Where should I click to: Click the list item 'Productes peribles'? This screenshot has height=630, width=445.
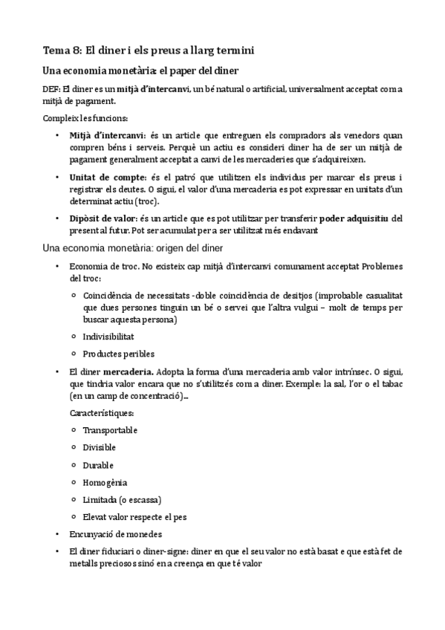coord(119,354)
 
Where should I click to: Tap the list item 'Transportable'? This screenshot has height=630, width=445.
coord(110,430)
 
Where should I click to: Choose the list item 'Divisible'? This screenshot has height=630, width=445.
coord(100,447)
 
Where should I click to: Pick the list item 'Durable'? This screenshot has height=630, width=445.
coord(98,464)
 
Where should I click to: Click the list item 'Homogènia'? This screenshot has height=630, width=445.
coord(104,481)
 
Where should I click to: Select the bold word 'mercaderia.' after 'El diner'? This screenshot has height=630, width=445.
coord(129,371)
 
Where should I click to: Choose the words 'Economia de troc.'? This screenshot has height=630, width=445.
coord(101,266)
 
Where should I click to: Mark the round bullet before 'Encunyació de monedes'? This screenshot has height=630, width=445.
coord(57,533)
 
